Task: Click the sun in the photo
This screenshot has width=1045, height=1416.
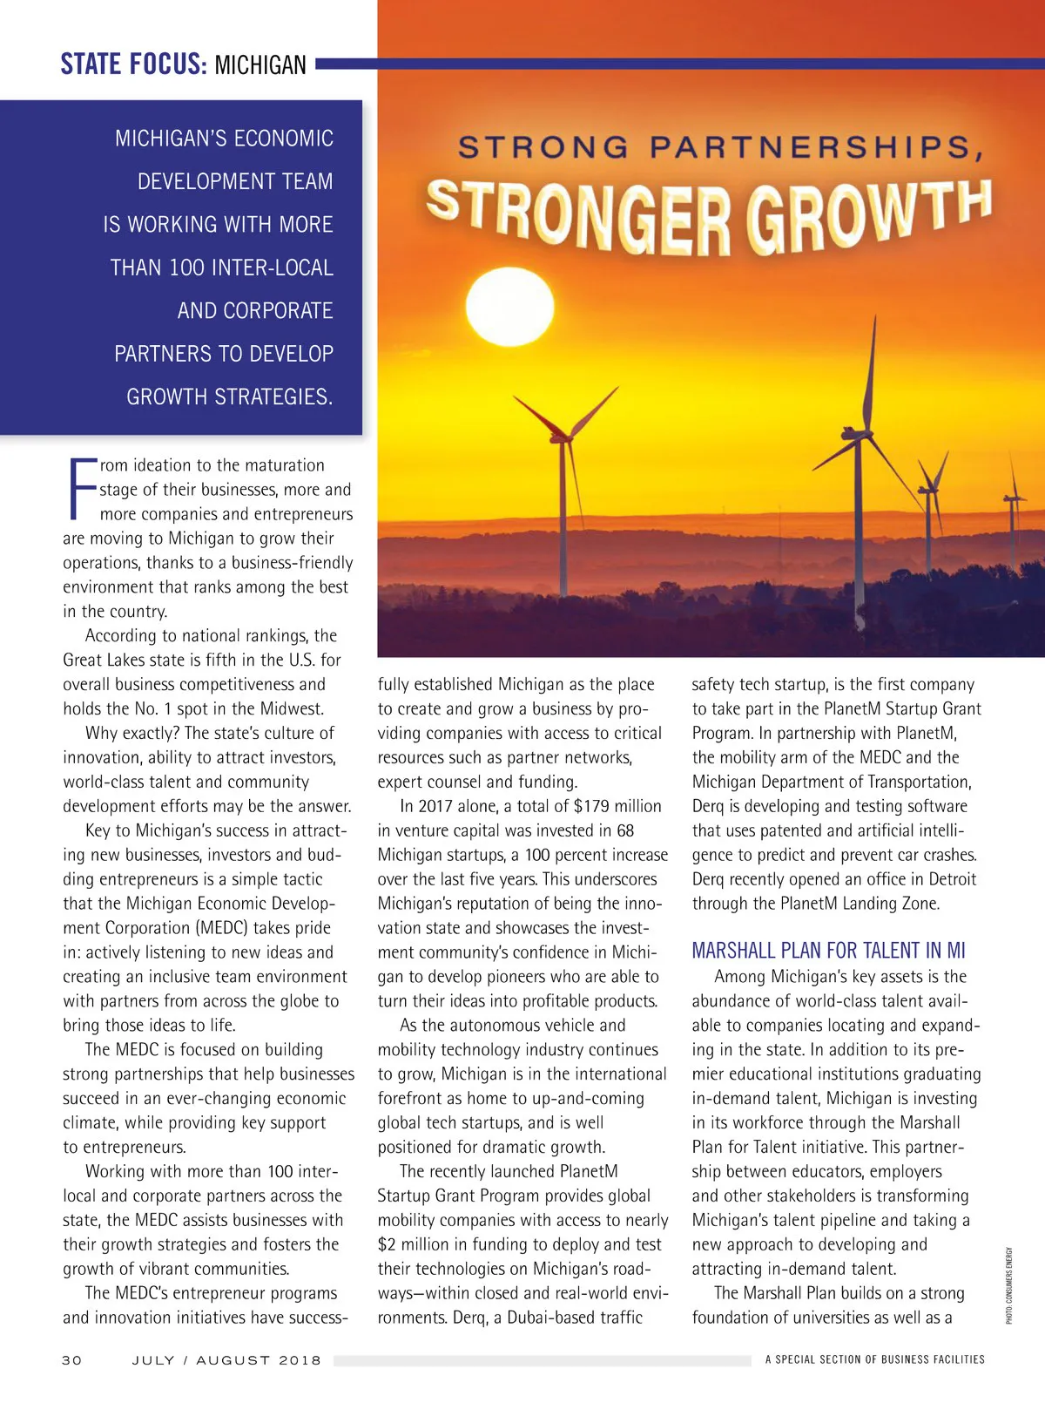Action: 509,306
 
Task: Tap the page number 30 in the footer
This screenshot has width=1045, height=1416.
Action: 72,1360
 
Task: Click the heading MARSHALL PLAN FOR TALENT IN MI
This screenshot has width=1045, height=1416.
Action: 828,950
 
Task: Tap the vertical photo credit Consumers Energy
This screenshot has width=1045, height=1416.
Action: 1009,1285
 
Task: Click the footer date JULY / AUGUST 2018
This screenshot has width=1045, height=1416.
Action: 226,1360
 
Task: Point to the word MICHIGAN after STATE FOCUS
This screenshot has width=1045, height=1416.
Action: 260,65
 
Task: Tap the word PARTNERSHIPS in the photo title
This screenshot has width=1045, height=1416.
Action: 817,148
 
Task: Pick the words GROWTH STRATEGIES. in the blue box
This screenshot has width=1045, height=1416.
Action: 230,396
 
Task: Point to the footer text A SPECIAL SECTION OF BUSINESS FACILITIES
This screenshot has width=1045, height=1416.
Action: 874,1359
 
